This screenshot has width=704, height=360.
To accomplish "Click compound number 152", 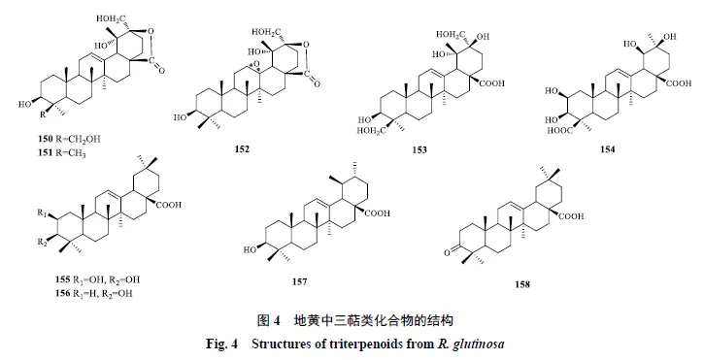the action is [242, 149].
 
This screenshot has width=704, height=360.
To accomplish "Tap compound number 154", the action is [608, 149].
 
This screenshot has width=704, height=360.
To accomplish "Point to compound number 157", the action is [299, 281].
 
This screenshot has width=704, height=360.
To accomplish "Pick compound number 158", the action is [522, 284].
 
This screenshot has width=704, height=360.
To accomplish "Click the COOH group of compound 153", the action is [492, 83].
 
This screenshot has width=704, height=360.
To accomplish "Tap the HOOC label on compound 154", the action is [559, 131].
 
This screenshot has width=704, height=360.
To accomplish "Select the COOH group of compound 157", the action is [377, 213].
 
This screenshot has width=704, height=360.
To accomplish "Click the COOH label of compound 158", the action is [571, 216].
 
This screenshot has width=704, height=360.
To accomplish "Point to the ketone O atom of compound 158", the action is [447, 253].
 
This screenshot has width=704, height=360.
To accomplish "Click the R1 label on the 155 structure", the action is [42, 213].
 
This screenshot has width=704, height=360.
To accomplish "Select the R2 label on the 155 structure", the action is [42, 243].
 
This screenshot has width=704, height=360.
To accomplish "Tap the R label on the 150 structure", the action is [43, 115].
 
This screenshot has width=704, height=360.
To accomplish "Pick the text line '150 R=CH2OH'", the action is [69, 139].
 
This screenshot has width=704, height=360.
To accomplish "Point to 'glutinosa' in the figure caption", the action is [479, 344].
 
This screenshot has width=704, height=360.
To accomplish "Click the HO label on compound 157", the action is [250, 249].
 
